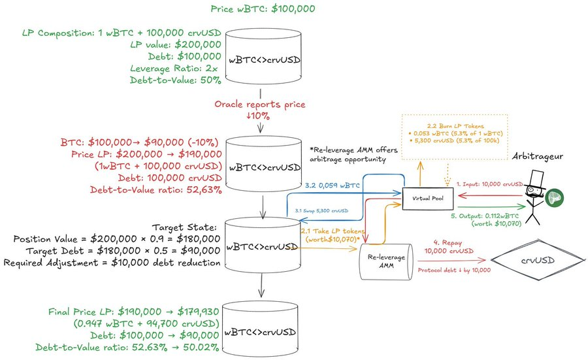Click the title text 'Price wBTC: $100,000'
[x=264, y=9]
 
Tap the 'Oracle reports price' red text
[x=260, y=105]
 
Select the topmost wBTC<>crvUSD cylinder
[x=265, y=59]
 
